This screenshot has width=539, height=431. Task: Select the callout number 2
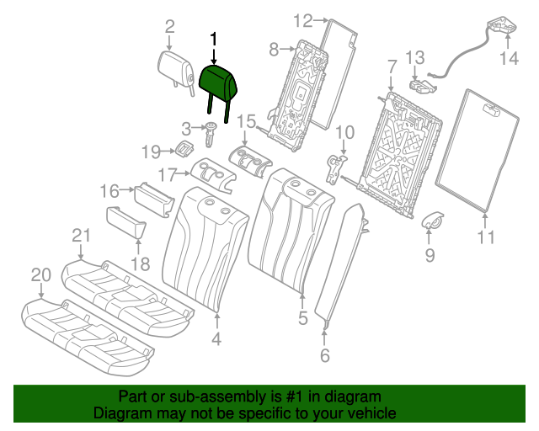(x=169, y=27)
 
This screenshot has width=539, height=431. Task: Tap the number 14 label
(x=509, y=58)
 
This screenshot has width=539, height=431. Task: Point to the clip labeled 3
(x=211, y=134)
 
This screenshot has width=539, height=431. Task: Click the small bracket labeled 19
(x=185, y=148)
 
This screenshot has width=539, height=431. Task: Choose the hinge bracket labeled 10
(x=335, y=168)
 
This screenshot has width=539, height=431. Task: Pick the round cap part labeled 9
(x=432, y=221)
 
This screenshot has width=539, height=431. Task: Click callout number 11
(x=486, y=237)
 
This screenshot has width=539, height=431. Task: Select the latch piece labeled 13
(x=422, y=86)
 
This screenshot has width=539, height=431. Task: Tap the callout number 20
(x=41, y=275)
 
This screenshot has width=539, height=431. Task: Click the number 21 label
(x=81, y=236)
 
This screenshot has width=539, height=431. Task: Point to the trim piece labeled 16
(x=154, y=200)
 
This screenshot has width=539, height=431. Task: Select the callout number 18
(x=141, y=264)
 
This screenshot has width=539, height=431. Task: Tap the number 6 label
(x=324, y=355)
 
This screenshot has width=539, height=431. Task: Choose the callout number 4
(x=216, y=339)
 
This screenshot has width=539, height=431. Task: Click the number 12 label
(x=303, y=20)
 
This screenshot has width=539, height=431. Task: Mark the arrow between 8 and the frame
(x=288, y=49)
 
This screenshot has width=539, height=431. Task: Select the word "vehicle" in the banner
(x=371, y=413)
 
